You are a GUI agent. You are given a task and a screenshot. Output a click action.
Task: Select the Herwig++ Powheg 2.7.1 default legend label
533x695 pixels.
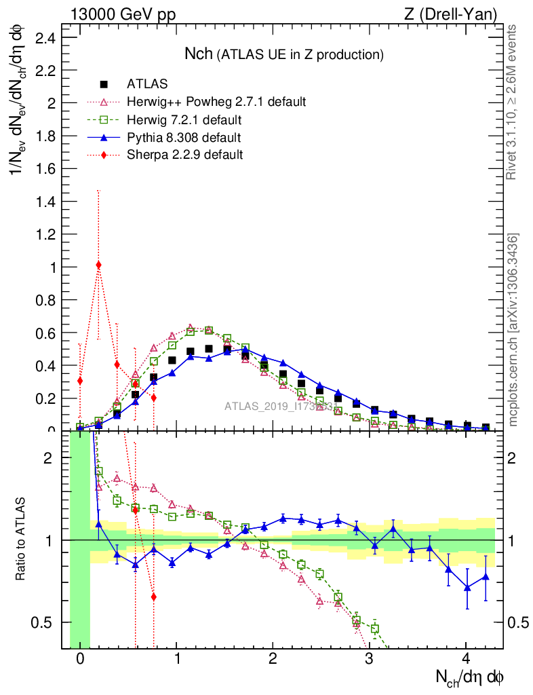(x=216, y=102)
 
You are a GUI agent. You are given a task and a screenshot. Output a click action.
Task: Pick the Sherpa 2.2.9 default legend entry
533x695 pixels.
(x=184, y=155)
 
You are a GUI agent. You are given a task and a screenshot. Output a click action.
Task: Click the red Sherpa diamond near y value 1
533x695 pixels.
(x=99, y=265)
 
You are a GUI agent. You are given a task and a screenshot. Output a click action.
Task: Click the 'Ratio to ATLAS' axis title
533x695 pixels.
(x=22, y=540)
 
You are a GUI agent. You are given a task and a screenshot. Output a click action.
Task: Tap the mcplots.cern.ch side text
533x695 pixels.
(x=513, y=330)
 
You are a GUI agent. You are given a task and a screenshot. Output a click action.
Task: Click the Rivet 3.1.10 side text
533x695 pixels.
(x=513, y=102)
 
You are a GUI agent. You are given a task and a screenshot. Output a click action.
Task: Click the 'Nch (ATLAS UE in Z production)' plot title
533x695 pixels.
(x=284, y=54)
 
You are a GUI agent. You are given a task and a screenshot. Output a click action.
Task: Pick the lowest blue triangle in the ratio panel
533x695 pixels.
(x=467, y=587)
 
